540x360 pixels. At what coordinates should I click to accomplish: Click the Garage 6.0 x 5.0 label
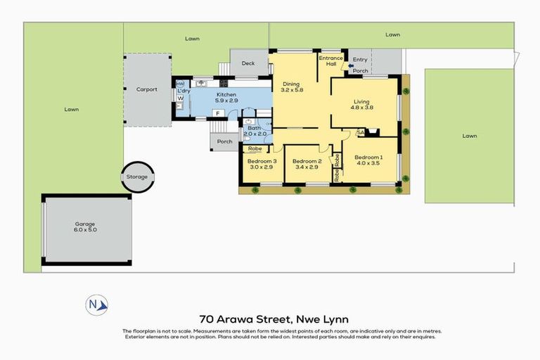[x=85, y=228]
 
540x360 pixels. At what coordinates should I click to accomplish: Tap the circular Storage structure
[x=138, y=176]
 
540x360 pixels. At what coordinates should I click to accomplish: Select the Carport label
[x=147, y=89]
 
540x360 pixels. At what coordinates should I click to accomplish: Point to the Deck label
[x=247, y=63]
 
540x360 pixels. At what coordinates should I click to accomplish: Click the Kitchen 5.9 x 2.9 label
[x=226, y=98]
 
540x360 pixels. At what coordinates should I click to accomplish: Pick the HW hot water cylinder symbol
[x=180, y=84]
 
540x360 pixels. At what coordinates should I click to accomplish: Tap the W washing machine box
[x=180, y=98]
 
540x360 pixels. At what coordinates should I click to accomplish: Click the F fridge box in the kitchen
[x=217, y=112]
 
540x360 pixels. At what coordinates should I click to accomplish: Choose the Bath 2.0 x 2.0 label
[x=254, y=131]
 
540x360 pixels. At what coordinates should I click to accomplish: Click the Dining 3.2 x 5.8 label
[x=290, y=87]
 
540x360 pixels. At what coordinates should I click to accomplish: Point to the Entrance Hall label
[x=330, y=61]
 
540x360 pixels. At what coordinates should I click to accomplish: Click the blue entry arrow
[x=351, y=65]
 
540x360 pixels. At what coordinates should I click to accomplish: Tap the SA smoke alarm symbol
[x=360, y=131]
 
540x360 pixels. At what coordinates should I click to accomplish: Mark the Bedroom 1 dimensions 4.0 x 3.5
[x=368, y=163]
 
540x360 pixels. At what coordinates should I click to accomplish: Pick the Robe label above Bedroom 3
[x=254, y=149]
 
